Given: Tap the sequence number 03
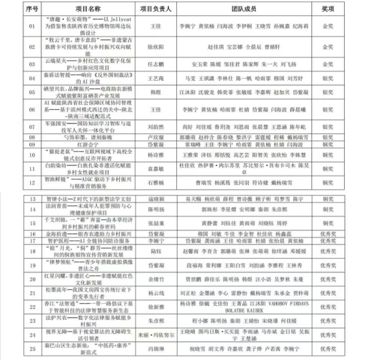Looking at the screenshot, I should pyautogui.click(x=15, y=64).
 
